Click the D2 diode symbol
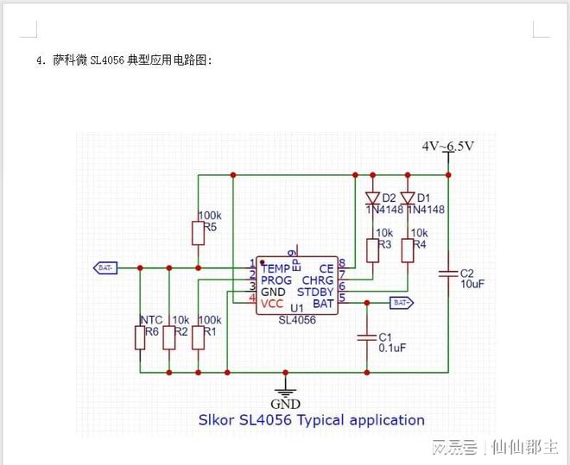pos(372,197)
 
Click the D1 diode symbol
pos(407,197)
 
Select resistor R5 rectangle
pos(198,233)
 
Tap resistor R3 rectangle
pos(372,250)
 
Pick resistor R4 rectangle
pos(407,250)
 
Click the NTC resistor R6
pos(140,337)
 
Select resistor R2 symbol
pos(169,337)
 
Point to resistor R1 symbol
pos(198,337)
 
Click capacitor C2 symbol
pos(448,273)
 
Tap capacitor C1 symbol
pos(367,336)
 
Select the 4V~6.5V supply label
pos(447,147)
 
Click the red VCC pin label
pos(272,304)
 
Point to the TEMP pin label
pos(276,269)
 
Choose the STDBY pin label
pos(317,292)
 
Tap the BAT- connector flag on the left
pos(104,267)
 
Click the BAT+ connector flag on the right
pos(402,303)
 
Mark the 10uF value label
pos(473,283)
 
